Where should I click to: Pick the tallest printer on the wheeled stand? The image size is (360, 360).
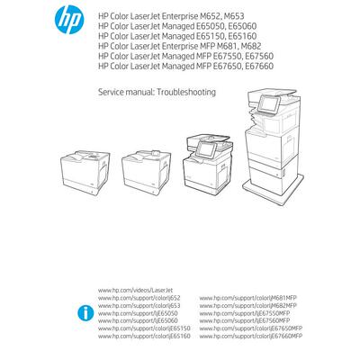275,144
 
